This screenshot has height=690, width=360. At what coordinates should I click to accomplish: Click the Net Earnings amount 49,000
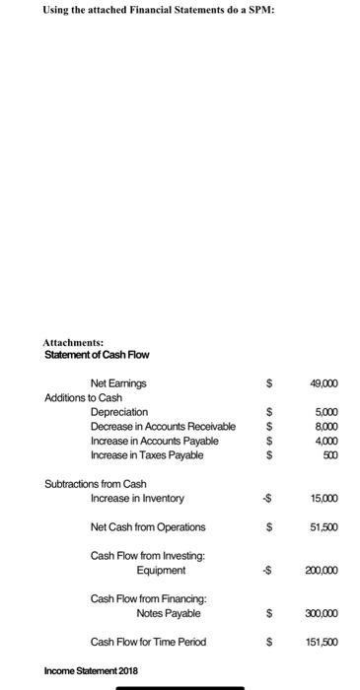click(x=328, y=382)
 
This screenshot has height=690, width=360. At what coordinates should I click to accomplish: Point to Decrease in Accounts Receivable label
click(x=163, y=426)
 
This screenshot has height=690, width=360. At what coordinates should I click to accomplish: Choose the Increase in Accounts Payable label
click(x=155, y=441)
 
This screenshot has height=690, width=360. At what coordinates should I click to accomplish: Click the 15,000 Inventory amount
click(x=329, y=499)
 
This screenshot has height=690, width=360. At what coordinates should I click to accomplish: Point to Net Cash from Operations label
click(x=148, y=527)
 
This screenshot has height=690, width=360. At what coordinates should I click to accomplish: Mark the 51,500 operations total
click(x=329, y=527)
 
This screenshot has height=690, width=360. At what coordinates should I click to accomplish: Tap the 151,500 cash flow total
click(x=327, y=643)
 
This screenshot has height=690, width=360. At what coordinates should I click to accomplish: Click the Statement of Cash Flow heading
click(x=97, y=354)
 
